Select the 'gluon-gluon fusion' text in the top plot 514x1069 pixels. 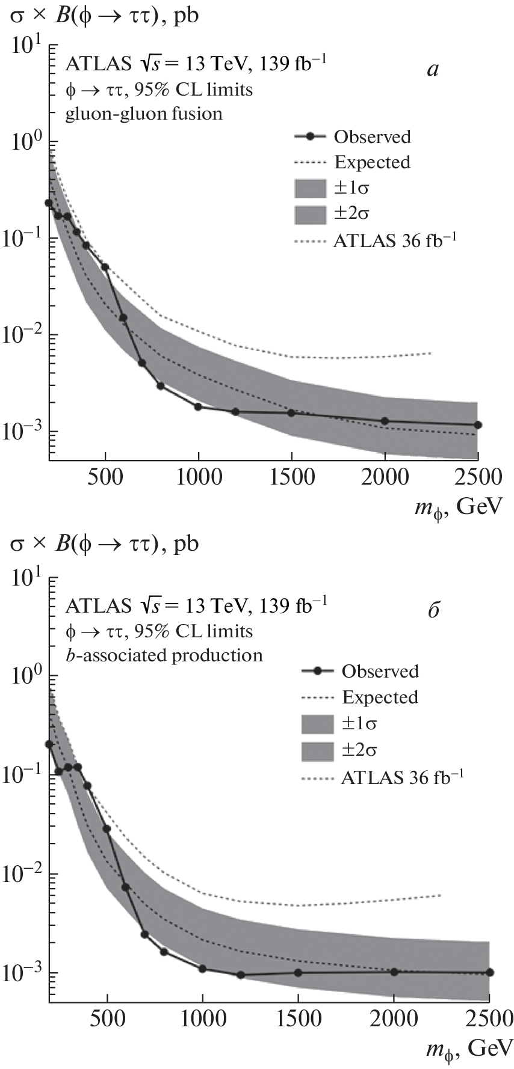(x=144, y=113)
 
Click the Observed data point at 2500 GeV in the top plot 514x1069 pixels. (x=477, y=424)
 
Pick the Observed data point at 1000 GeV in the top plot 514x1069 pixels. (x=198, y=406)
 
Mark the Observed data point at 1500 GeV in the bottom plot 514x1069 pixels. (x=299, y=973)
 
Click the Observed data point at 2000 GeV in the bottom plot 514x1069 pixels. (x=394, y=972)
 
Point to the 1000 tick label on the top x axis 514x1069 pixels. (x=198, y=477)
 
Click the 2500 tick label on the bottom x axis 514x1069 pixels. (x=489, y=1018)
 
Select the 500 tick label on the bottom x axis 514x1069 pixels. (x=107, y=1018)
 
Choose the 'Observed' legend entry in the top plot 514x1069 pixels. (x=373, y=137)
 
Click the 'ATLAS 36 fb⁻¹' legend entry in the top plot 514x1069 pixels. (x=395, y=240)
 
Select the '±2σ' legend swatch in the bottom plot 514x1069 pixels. (x=317, y=750)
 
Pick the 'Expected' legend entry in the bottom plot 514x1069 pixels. (x=380, y=697)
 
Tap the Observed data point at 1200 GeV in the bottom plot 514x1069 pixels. (x=241, y=975)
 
